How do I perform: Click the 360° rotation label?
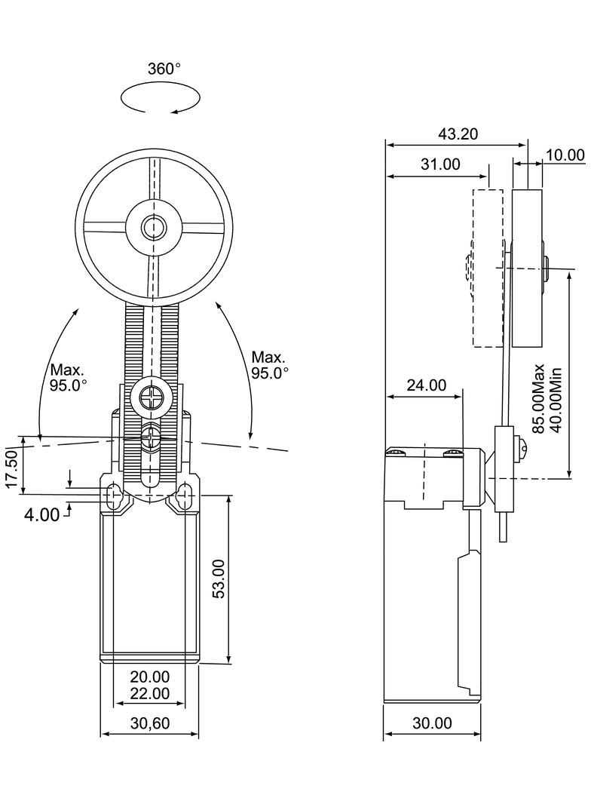164,69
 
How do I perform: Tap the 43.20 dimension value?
458,133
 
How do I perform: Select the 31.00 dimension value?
440,164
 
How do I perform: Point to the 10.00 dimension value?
565,155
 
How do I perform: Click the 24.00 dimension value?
427,385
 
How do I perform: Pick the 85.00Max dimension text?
539,398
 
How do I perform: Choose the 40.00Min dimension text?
556,400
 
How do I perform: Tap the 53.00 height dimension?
219,578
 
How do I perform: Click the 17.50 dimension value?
12,469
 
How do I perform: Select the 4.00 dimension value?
41,514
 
